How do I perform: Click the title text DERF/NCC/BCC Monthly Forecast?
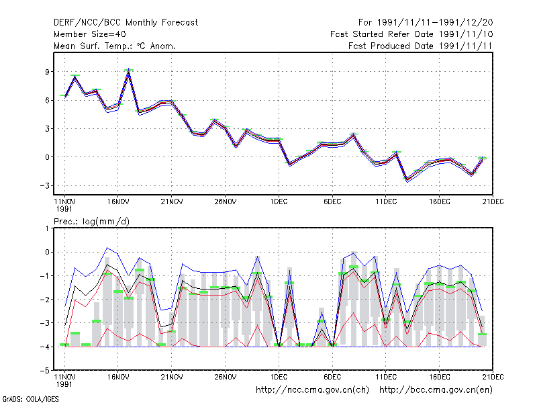[x=126, y=23]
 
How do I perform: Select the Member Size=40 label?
[x=90, y=34]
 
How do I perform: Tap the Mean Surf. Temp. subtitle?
[x=115, y=46]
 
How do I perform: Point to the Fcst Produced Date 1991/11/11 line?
[x=420, y=46]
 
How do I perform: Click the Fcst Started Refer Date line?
[x=411, y=34]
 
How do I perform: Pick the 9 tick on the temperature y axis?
[x=48, y=72]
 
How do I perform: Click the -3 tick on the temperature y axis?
[x=45, y=186]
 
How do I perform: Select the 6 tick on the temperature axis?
[x=48, y=100]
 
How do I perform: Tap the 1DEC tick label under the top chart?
[x=279, y=201]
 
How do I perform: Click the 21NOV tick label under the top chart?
[x=172, y=201]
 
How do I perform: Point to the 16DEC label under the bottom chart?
[x=440, y=377]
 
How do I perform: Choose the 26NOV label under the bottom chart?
[x=226, y=377]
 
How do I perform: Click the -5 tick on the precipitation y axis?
[x=45, y=371]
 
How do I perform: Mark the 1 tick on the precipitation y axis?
[x=48, y=228]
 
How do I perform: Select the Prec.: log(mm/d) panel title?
[x=91, y=222]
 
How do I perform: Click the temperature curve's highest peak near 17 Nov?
[x=128, y=70]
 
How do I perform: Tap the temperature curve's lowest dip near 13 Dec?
[x=407, y=180]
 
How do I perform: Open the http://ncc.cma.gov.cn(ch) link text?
[x=312, y=390]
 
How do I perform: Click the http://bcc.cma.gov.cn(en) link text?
[x=436, y=390]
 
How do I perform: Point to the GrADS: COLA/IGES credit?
[x=31, y=399]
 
